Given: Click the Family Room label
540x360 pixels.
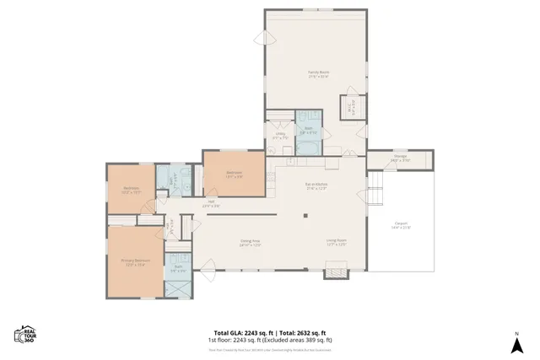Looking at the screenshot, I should [318, 74].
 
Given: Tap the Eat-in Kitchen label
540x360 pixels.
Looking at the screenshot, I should [316, 186].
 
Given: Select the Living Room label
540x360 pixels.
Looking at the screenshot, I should [337, 243].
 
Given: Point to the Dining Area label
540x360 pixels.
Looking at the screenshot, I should [251, 243].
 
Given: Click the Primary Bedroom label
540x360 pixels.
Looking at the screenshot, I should [135, 261].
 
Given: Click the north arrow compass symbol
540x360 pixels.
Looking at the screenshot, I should [515, 343].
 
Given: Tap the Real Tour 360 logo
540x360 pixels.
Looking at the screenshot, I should [26, 336].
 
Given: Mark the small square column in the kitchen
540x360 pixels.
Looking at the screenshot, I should [305, 214].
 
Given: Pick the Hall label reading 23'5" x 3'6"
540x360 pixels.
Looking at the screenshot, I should [212, 202].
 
